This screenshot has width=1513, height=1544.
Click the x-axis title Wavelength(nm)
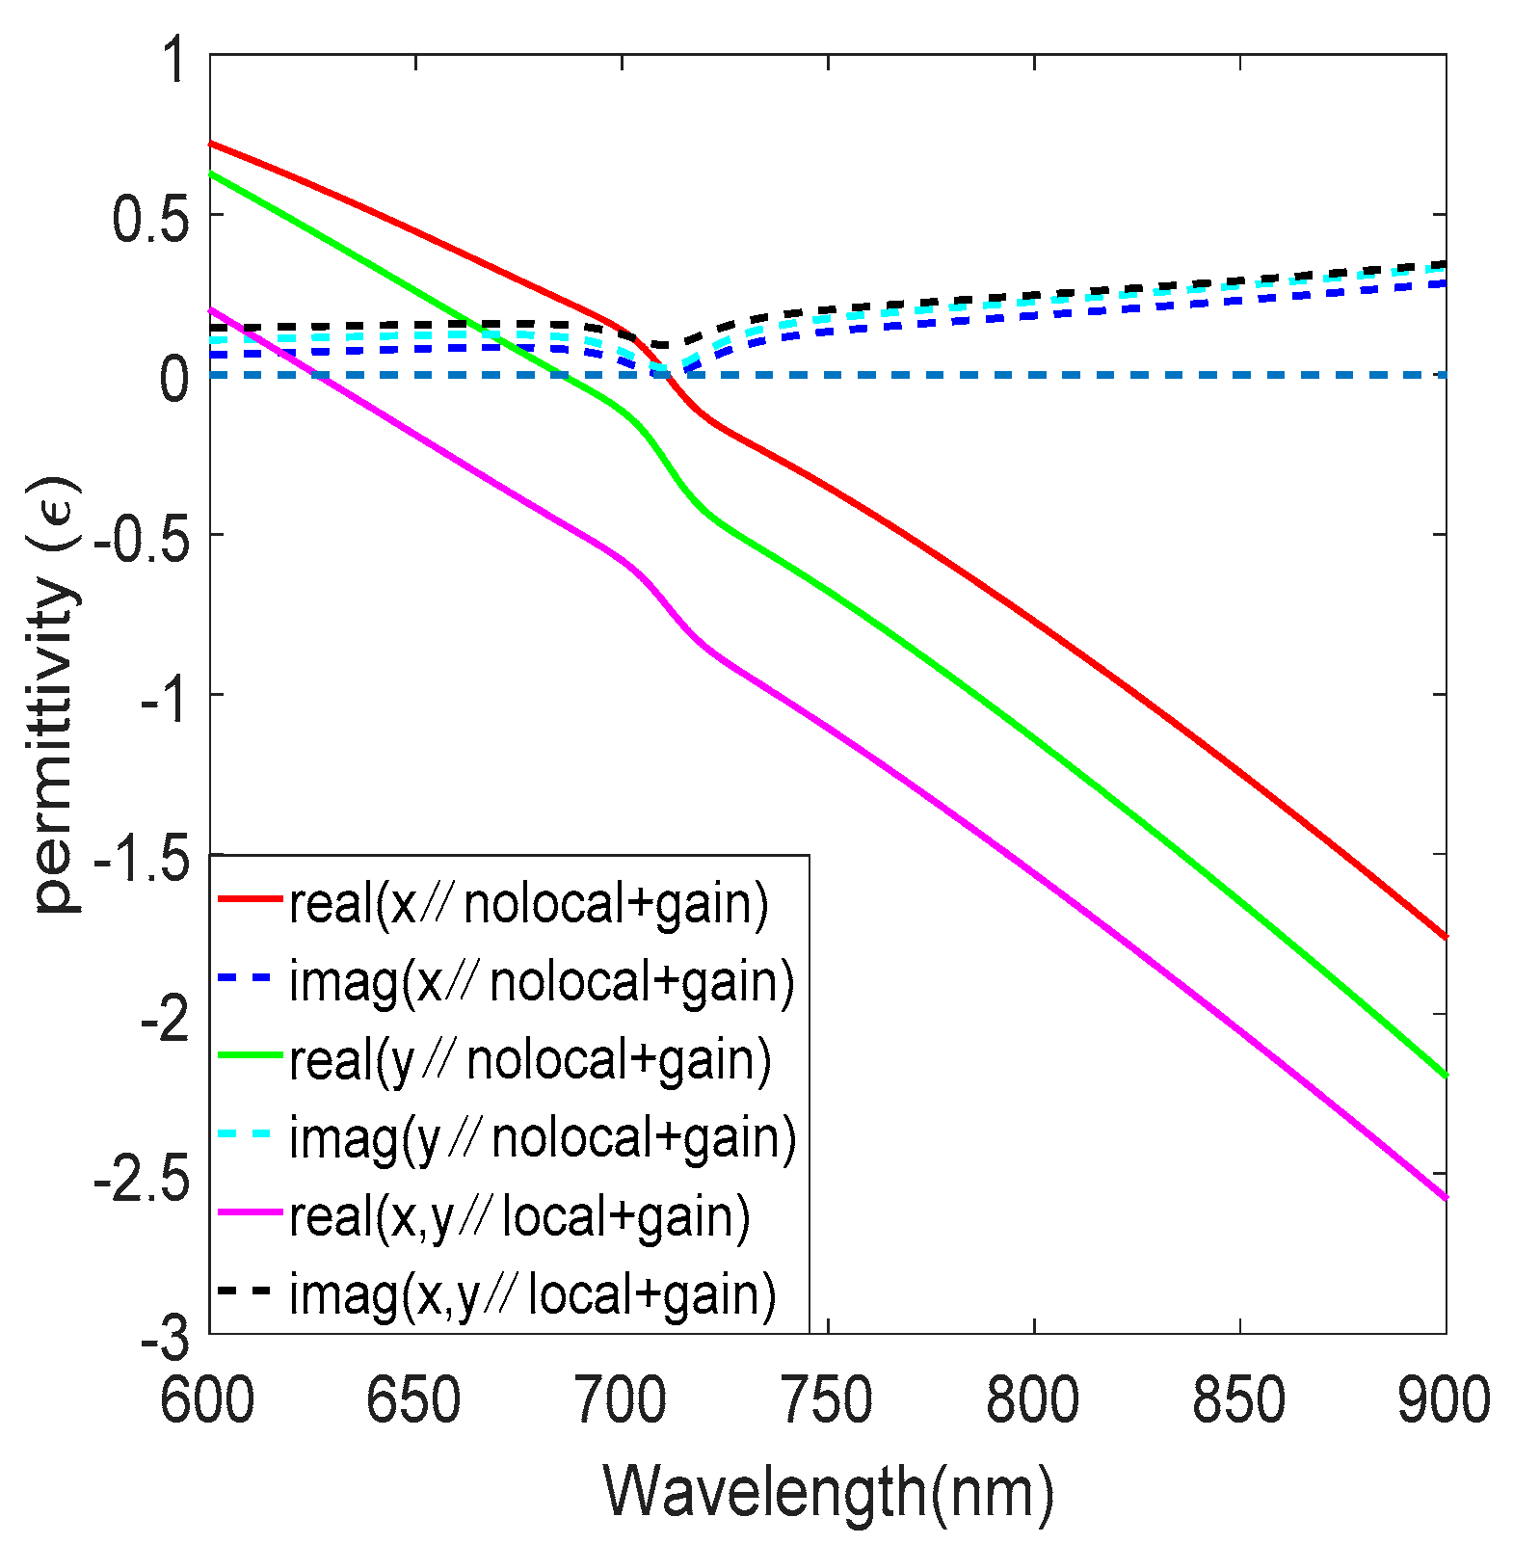829,1493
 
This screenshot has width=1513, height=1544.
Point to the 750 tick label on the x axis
827,1400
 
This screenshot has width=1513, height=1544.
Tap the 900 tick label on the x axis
1444,1400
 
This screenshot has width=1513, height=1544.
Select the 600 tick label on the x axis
207,1400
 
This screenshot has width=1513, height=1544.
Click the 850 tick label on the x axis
1239,1400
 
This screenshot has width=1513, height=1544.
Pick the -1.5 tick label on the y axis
142,855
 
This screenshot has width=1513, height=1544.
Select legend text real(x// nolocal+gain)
529,903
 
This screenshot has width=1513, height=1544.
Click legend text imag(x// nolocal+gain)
543,981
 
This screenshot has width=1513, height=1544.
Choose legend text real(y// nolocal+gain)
530,1059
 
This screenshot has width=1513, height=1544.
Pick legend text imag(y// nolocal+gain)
544,1137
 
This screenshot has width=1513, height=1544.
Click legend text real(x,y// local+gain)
519,1215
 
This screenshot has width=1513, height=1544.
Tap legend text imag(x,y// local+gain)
533,1293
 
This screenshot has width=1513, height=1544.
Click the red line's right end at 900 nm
1445,935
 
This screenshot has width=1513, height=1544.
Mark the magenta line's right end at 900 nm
1445,1197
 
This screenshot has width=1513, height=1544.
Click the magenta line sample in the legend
251,1215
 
